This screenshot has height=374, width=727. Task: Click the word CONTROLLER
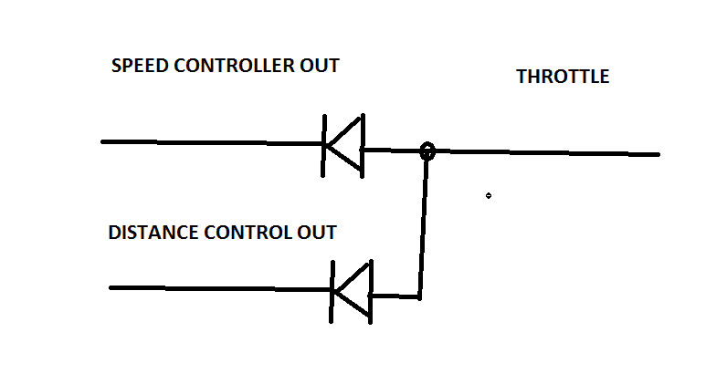[242, 66]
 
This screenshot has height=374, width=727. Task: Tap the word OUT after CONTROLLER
[320, 66]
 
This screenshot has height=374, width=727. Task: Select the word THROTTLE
[563, 77]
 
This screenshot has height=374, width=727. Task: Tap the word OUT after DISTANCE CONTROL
[317, 232]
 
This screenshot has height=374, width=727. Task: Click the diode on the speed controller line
[344, 144]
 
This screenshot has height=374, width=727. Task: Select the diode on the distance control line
[352, 292]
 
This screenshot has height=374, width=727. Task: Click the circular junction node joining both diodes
[427, 151]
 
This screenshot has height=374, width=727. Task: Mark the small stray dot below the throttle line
[489, 195]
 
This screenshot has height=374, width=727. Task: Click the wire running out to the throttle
[548, 152]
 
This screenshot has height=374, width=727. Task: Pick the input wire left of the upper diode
[210, 142]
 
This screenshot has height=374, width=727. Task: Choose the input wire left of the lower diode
[219, 288]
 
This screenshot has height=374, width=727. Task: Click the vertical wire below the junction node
[423, 228]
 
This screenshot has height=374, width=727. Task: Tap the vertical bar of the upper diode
[324, 144]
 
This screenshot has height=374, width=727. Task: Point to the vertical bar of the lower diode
[332, 292]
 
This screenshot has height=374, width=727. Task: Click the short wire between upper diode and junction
[391, 149]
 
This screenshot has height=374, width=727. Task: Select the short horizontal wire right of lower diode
[395, 296]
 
